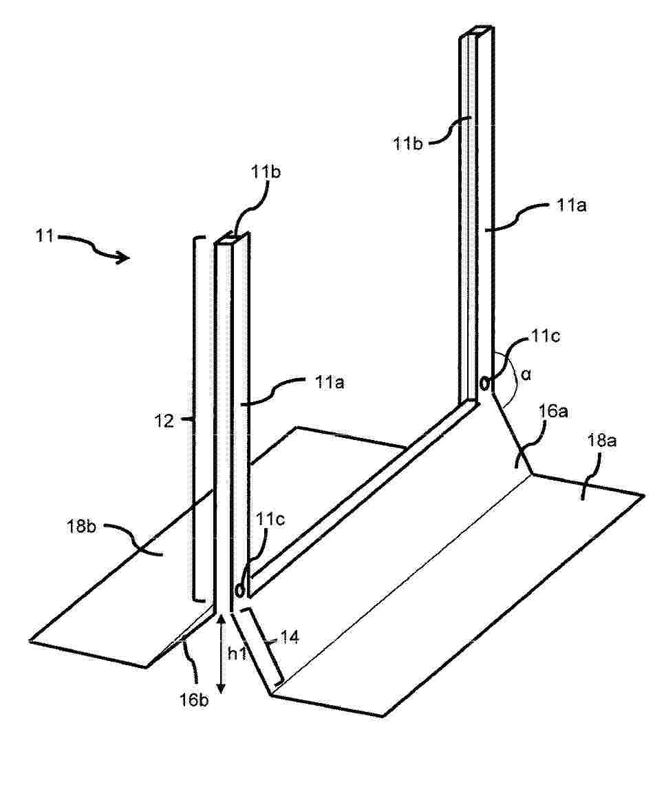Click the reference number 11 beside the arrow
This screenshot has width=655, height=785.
pos(44,235)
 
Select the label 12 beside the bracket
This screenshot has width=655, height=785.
pos(164,421)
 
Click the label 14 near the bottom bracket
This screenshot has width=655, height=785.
pos(290,638)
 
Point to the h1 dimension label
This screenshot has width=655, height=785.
pos(237,654)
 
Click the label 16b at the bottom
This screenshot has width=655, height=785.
pos(194,700)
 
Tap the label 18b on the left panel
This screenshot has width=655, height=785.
pos(82,527)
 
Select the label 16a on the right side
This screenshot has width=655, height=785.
pos(553,411)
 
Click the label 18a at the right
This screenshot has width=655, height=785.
pos(602,441)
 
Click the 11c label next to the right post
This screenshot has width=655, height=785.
pos(546,336)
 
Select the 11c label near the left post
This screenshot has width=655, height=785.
pos(270,519)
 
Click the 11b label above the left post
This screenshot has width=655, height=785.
pos(266,171)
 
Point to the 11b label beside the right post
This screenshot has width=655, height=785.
pos(408,144)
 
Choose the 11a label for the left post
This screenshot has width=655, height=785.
pos(330,383)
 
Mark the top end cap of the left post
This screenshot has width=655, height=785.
pos(232,238)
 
